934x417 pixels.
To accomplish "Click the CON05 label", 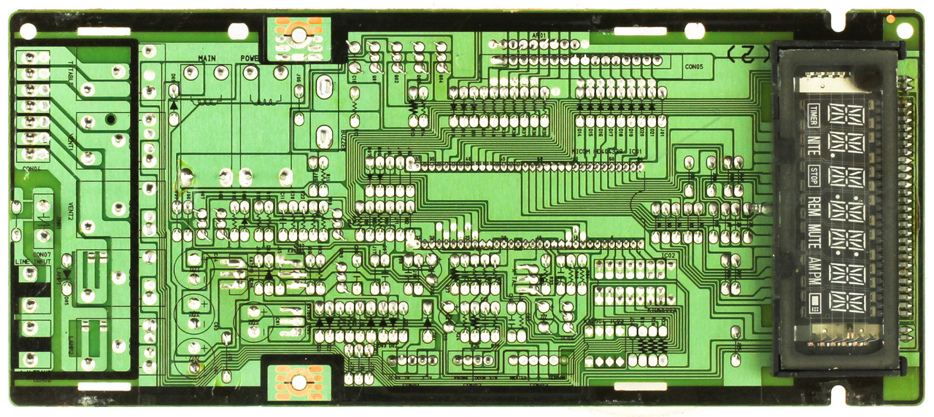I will (694, 66).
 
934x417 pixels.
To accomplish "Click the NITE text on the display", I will (814, 144).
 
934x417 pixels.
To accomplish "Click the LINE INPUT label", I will (32, 260).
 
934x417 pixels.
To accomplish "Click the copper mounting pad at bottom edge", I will (298, 381).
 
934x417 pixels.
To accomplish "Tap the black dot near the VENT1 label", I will (110, 119).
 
